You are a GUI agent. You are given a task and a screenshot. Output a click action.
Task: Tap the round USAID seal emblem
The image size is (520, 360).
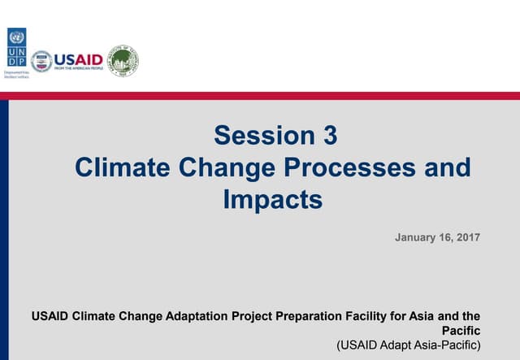click(41, 61)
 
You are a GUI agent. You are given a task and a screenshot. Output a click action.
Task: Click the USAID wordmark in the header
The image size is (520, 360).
click(80, 59)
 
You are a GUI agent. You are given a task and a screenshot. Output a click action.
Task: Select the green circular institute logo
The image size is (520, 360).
click(123, 60)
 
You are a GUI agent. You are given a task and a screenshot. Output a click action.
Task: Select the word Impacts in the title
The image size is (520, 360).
click(273, 199)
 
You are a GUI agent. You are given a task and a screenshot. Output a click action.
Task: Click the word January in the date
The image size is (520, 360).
click(419, 237)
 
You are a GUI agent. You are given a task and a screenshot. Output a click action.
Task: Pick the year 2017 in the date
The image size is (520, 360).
click(468, 237)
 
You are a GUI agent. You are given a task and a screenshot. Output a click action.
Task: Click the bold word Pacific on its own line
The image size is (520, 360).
click(461, 331)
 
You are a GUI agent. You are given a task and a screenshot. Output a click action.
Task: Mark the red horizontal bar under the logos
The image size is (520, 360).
click(260, 95)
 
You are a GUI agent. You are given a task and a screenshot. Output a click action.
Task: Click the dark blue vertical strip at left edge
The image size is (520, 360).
click(4, 228)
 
